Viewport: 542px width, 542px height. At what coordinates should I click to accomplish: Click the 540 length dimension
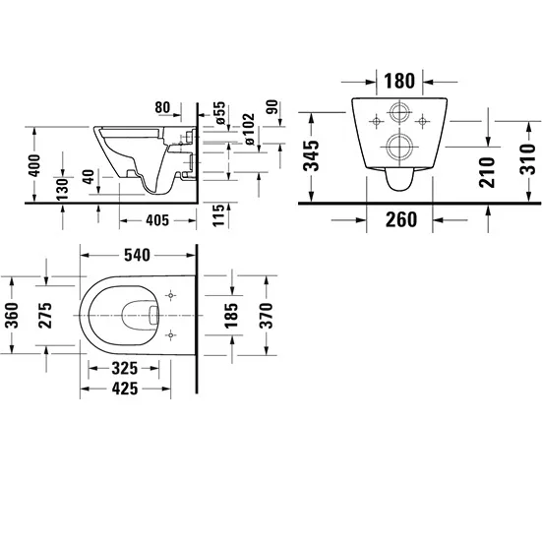(137, 255)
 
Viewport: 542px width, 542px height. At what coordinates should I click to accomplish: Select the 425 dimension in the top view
(125, 389)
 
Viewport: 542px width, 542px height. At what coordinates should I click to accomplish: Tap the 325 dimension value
(125, 369)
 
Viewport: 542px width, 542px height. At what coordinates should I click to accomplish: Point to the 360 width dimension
(13, 315)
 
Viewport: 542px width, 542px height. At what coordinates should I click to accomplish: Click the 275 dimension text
(45, 315)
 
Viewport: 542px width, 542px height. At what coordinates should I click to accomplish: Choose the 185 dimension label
(231, 315)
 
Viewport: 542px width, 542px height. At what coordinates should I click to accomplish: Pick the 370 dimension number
(267, 315)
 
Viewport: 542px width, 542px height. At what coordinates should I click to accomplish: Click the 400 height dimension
(34, 165)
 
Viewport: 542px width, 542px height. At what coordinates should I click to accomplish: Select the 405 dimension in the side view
(157, 220)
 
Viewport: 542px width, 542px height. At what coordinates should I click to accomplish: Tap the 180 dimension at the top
(399, 81)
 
